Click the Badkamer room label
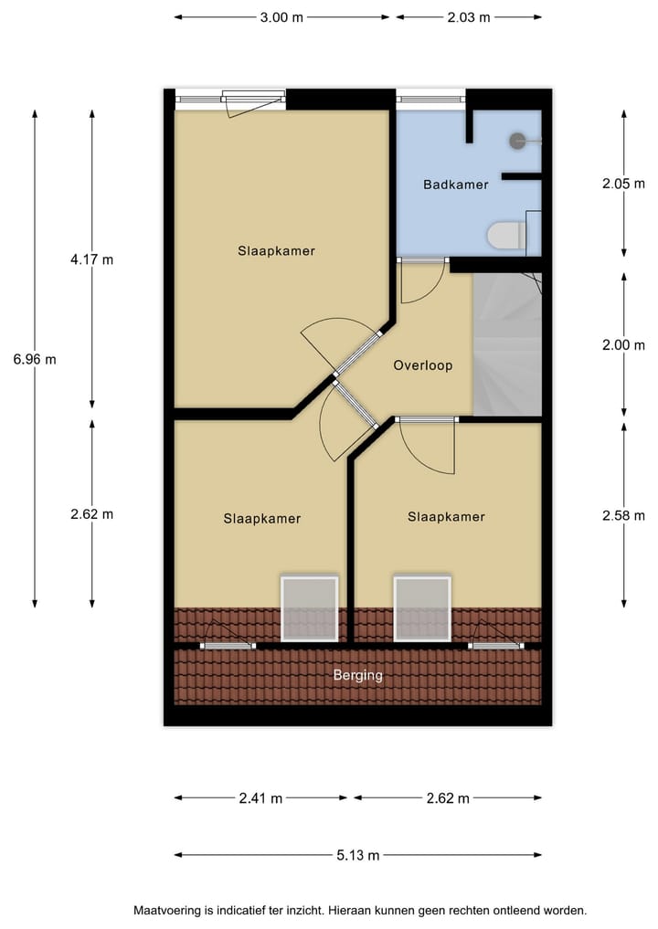[455, 185]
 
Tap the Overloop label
[423, 365]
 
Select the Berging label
[357, 676]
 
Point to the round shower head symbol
[517, 141]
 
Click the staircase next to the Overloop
[506, 345]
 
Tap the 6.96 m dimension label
[35, 359]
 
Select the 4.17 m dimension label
[91, 259]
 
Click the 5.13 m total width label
[357, 855]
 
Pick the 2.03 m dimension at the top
[468, 17]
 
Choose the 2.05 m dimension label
[623, 183]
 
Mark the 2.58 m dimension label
[623, 515]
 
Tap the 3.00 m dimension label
[281, 17]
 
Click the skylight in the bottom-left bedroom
[309, 608]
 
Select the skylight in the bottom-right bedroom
[422, 608]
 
